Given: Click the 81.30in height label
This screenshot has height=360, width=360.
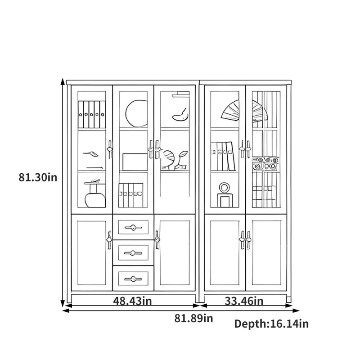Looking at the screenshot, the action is tap(38, 177).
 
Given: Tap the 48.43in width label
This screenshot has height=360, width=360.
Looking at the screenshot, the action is tap(132, 301).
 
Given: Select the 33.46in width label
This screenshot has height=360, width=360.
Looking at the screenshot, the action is tap(244, 301).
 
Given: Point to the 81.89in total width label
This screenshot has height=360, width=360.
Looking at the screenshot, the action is tap(193, 319).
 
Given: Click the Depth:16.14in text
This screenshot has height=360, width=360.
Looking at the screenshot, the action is tap(271, 324).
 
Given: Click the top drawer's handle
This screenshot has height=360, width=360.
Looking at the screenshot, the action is tap(133, 228).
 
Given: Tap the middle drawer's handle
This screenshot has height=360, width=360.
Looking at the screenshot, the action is tap(133, 253).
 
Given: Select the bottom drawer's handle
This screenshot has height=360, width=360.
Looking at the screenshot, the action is tap(133, 279).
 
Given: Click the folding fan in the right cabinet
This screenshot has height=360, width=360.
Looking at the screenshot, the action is tap(244, 111).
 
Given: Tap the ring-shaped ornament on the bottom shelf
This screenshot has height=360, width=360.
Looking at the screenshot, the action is tap(224, 188).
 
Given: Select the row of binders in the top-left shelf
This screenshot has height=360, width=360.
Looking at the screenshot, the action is tap(91, 114).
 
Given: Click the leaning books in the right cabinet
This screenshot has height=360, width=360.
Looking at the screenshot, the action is tap(223, 156).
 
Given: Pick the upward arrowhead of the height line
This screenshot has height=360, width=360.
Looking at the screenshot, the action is tap(62, 81).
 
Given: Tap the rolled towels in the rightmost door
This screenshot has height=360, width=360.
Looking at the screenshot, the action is tap(265, 163).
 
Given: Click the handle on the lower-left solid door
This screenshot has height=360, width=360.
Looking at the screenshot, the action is tap(109, 240).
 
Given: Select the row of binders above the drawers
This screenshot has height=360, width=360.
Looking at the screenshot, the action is tap(131, 195).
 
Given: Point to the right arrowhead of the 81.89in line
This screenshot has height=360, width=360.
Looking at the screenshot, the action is tap(296, 310).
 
